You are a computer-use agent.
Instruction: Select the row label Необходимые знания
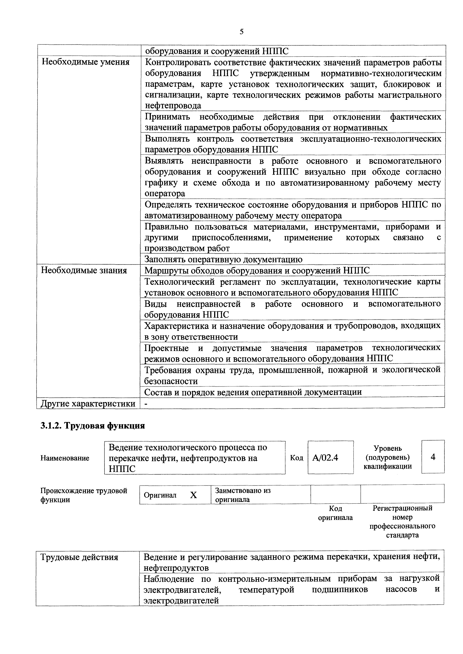(84, 270)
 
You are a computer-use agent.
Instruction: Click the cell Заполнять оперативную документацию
(223, 259)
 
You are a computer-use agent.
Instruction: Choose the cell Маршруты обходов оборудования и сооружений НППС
(257, 270)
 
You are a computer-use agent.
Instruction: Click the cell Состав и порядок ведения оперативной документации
(253, 392)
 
